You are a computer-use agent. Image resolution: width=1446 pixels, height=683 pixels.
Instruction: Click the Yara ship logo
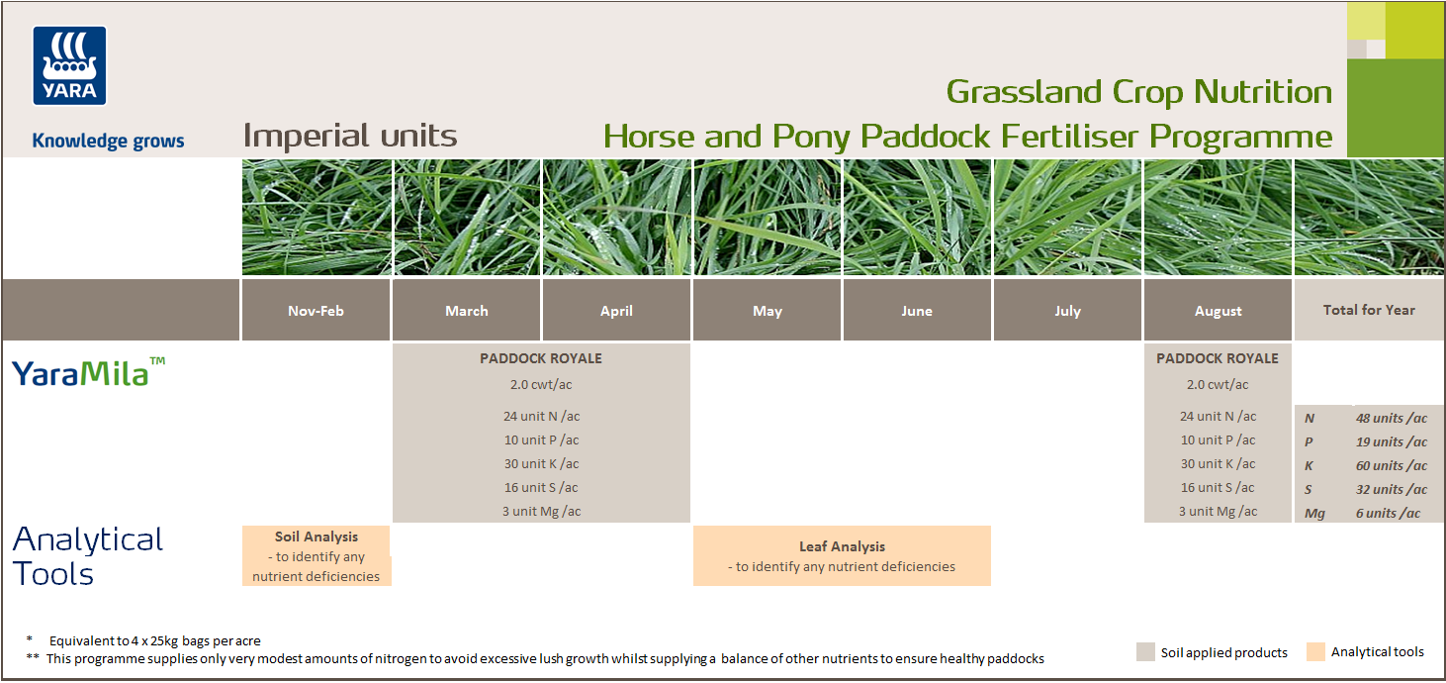[x=70, y=65]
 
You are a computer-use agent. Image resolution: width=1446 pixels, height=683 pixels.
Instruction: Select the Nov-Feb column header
[x=316, y=311]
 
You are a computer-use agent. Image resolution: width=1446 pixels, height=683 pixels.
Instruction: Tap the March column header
[x=466, y=311]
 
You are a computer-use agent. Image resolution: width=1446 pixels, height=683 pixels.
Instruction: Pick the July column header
[x=1067, y=311]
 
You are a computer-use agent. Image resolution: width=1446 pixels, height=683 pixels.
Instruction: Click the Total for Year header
[x=1369, y=310]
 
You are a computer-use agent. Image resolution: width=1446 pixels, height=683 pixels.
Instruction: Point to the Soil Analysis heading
[x=316, y=537]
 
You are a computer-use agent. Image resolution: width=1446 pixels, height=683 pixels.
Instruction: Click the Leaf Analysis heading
[x=842, y=546]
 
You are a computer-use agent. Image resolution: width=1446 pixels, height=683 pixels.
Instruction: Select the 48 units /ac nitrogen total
[x=1392, y=419]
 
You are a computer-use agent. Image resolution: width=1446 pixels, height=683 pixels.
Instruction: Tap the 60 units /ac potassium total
[x=1392, y=466]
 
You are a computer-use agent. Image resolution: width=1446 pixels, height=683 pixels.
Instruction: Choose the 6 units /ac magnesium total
[x=1388, y=514]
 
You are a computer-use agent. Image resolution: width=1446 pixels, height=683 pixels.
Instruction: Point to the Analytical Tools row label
[x=87, y=556]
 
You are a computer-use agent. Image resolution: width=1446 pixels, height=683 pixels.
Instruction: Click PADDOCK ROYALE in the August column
[x=1218, y=358]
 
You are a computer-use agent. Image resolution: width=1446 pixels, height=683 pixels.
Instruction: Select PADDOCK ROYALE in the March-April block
[x=541, y=358]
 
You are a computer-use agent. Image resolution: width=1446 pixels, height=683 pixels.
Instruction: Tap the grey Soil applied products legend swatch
[x=1145, y=651]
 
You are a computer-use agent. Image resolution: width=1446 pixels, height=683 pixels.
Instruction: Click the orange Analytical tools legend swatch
[x=1314, y=651]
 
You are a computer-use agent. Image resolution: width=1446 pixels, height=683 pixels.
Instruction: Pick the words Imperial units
[x=350, y=136]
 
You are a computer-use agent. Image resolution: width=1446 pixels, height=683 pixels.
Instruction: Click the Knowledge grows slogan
[x=108, y=141]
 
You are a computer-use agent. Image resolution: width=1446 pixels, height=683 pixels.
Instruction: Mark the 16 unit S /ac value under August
[x=1218, y=487]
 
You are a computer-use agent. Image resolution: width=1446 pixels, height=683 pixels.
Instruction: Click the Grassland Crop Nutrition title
[x=1139, y=92]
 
